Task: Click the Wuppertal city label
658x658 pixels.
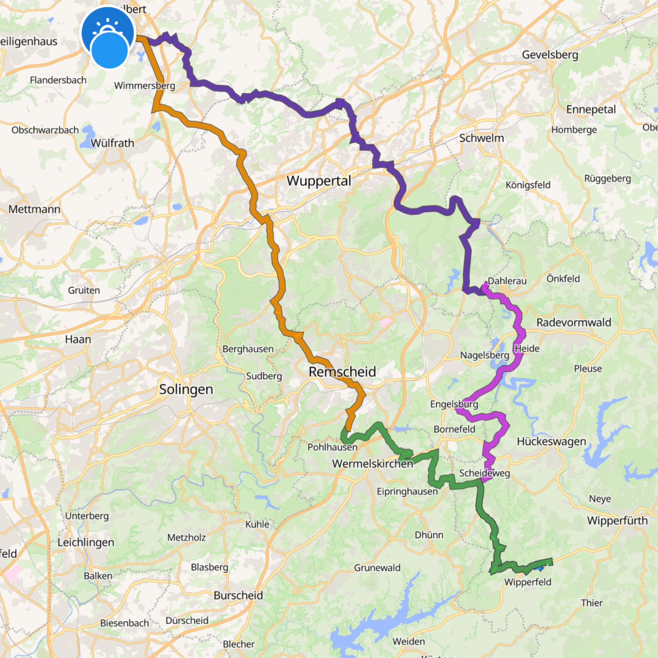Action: pos(319,181)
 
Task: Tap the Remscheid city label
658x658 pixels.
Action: pos(342,372)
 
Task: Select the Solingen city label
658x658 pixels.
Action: pos(186,389)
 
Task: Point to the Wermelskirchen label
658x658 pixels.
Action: pos(373,463)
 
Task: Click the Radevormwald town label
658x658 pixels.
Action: pos(574,322)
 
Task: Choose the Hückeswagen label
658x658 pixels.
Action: pos(551,441)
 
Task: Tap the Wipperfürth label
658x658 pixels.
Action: pos(617,520)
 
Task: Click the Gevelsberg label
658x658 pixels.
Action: pos(550,55)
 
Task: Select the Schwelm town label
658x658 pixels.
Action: pos(481,138)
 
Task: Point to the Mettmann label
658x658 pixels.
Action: pos(34,209)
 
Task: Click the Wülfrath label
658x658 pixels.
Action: pos(112,143)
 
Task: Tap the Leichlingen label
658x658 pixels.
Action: pos(86,542)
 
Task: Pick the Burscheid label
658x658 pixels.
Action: pos(238,595)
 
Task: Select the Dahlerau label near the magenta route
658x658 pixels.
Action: pos(507,281)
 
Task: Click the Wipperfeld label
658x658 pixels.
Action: pos(527,582)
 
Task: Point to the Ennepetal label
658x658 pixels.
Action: pos(591,109)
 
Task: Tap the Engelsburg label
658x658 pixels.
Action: pos(454,404)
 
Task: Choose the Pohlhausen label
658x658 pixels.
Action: pos(332,447)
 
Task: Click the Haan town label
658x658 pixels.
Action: pos(78,339)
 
